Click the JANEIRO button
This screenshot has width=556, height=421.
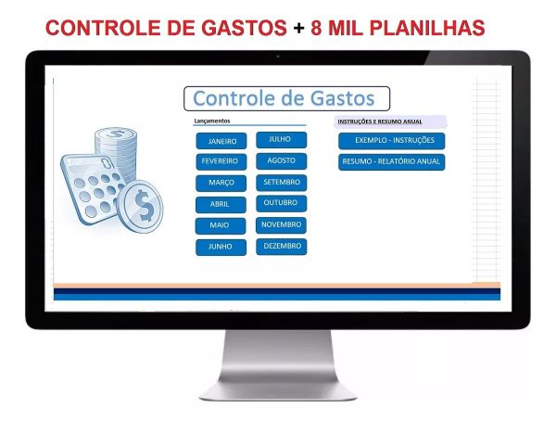click(x=221, y=142)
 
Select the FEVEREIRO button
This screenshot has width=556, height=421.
click(x=221, y=161)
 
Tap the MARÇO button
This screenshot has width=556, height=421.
click(x=221, y=183)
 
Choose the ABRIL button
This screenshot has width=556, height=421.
click(x=221, y=204)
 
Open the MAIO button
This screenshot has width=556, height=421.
click(x=221, y=225)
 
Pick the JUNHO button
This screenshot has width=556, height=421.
click(x=221, y=247)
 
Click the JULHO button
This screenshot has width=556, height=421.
click(x=281, y=139)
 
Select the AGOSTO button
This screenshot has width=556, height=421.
click(x=281, y=160)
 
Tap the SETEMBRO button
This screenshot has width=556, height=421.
click(x=281, y=182)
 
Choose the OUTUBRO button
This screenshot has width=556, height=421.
click(x=281, y=202)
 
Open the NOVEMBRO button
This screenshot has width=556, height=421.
click(x=281, y=224)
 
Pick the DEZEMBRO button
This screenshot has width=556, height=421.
click(x=281, y=246)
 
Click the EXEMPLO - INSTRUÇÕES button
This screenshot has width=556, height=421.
click(x=392, y=141)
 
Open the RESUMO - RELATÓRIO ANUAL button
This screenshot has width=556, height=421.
click(x=392, y=161)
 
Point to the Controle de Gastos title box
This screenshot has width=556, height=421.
click(x=286, y=98)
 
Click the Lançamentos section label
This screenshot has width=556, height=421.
click(x=212, y=121)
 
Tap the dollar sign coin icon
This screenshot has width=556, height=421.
click(x=145, y=205)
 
